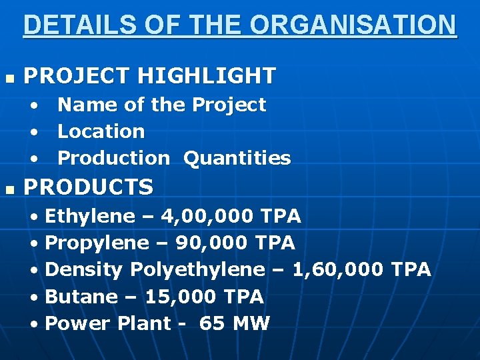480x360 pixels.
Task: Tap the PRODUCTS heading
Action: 89,187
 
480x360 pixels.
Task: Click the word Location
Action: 101,131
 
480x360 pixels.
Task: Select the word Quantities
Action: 237,158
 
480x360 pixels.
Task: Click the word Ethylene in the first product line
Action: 89,216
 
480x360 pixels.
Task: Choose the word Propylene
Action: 96,243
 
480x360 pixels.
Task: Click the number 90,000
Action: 213,243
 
